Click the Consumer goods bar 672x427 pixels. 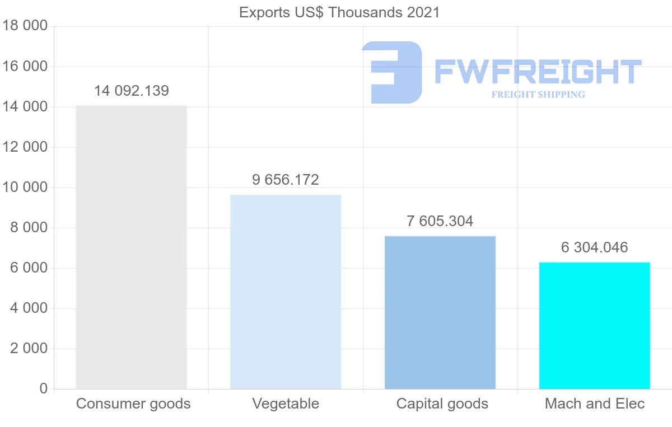click(x=131, y=247)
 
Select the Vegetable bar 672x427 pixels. click(x=286, y=292)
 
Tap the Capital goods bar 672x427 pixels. click(x=440, y=312)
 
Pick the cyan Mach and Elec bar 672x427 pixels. click(x=595, y=325)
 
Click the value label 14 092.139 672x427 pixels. click(x=131, y=91)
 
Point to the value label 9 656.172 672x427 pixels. click(x=286, y=180)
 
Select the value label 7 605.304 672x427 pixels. click(x=440, y=221)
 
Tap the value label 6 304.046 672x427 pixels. click(x=595, y=247)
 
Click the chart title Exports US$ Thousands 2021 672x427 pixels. click(x=339, y=12)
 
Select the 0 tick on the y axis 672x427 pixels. click(x=43, y=388)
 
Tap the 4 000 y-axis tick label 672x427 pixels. click(x=29, y=308)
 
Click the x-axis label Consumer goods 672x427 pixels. click(x=133, y=403)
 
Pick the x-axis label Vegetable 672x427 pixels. click(x=286, y=403)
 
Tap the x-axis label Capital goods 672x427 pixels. click(x=442, y=403)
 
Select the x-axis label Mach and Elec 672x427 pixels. click(x=595, y=403)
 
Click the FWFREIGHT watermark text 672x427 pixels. click(x=538, y=72)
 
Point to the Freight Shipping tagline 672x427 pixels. click(x=538, y=95)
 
